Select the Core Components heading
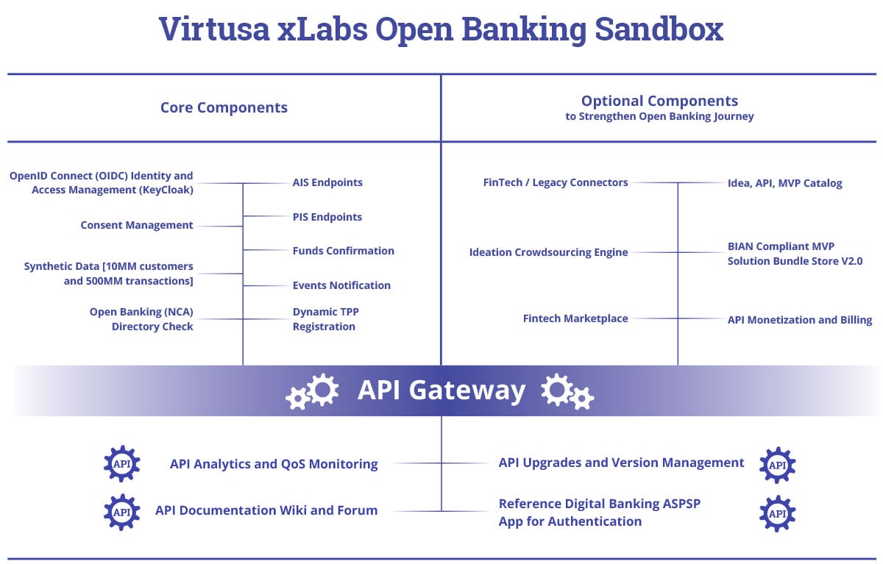click(224, 107)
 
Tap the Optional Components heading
click(659, 101)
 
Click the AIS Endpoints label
click(327, 182)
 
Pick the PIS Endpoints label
click(327, 217)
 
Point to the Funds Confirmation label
click(343, 251)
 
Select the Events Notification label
click(341, 285)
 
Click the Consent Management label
click(137, 225)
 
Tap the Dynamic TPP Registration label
click(325, 319)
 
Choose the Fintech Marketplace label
click(575, 318)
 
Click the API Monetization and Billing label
click(800, 320)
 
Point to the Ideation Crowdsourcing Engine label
click(548, 252)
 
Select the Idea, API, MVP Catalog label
click(784, 183)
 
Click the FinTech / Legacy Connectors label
click(556, 182)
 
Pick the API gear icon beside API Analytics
click(122, 464)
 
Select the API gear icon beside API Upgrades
click(777, 465)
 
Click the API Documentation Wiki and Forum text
click(266, 510)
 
